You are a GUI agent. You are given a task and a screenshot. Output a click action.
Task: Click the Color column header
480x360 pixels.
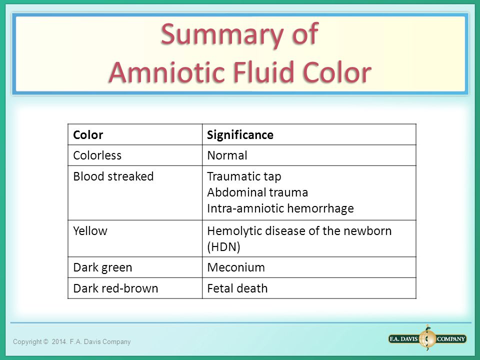88,134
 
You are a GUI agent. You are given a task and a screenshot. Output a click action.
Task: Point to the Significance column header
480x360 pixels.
240,135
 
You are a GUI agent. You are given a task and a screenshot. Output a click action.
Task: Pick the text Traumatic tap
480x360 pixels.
244,176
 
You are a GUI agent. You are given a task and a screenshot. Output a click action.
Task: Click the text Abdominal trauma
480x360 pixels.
257,192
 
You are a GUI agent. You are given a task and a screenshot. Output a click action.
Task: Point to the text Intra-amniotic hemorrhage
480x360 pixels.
280,208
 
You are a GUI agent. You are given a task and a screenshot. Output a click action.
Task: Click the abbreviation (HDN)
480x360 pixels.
224,246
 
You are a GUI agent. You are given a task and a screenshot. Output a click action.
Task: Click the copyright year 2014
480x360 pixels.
59,341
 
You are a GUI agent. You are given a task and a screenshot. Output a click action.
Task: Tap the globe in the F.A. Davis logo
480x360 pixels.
427,338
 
